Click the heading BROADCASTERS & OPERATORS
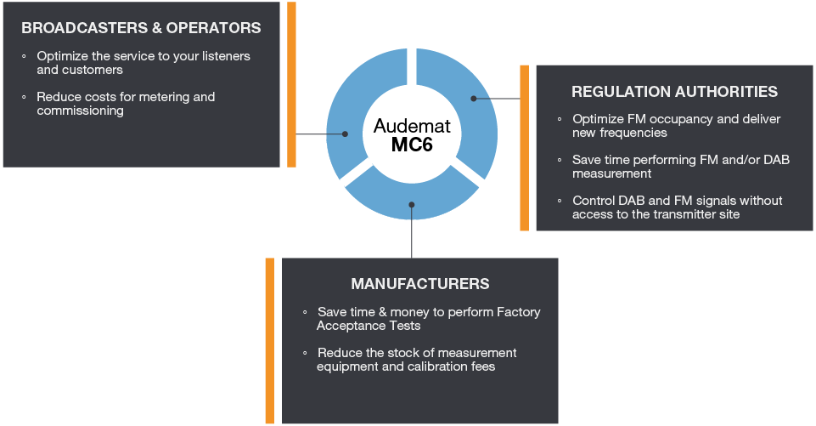(141, 28)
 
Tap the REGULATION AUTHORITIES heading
(674, 91)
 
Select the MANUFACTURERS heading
(420, 283)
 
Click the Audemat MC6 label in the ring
(412, 135)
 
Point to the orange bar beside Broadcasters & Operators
(291, 84)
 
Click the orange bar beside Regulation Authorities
(524, 147)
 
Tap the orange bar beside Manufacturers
(269, 340)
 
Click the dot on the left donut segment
(345, 133)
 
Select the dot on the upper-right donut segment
(474, 99)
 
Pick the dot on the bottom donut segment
(412, 204)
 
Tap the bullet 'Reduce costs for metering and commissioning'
(126, 104)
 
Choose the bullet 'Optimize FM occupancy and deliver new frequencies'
(676, 126)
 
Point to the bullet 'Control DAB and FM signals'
(678, 207)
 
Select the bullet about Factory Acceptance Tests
(429, 319)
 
